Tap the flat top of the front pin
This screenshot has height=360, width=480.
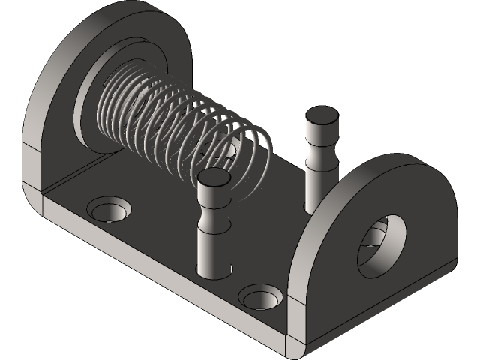tap(214, 178)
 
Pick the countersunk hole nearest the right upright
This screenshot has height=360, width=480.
tap(259, 295)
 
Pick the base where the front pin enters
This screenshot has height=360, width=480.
tap(212, 271)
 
